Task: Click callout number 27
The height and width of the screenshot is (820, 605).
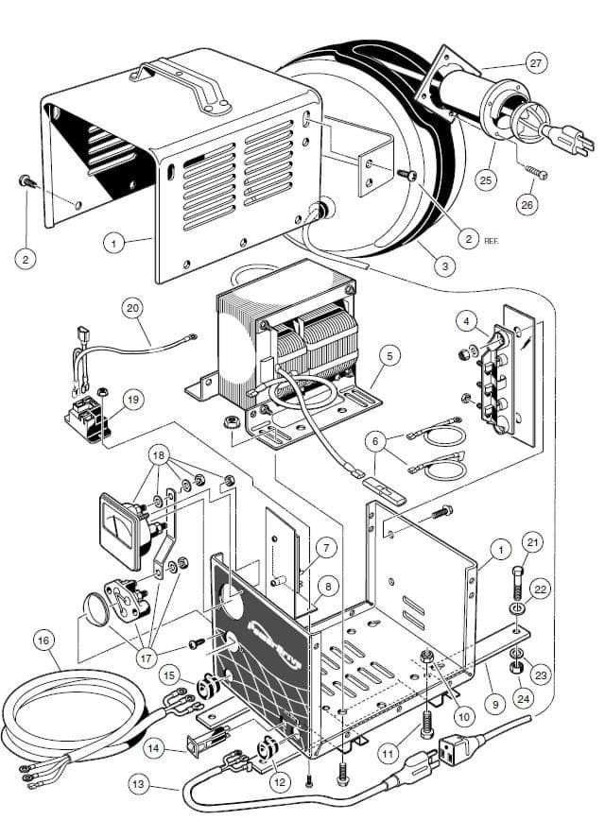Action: [536, 64]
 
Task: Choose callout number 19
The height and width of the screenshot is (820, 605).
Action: [131, 400]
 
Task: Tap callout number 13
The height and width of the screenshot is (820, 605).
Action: [139, 783]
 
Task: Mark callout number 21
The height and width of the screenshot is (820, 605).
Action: [533, 542]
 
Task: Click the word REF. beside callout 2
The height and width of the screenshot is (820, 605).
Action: [491, 242]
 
